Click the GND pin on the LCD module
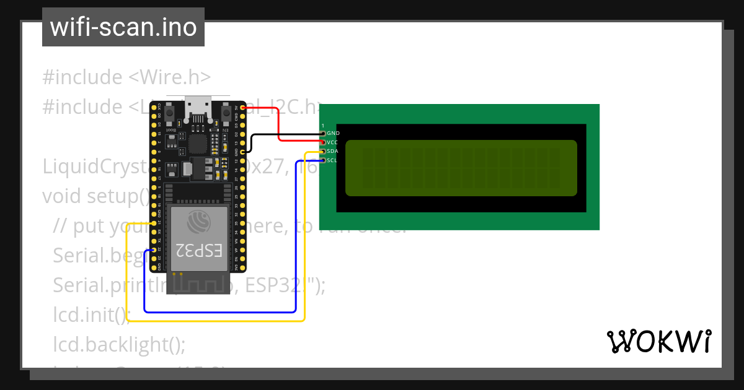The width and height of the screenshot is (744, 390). [x=323, y=133]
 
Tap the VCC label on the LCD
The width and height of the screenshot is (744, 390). [x=332, y=142]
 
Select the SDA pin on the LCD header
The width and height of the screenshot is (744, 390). [x=323, y=152]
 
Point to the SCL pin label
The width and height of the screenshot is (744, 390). [x=332, y=160]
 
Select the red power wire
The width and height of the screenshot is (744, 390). [x=278, y=124]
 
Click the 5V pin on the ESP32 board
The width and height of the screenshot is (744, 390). [x=242, y=107]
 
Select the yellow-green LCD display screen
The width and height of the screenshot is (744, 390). [x=461, y=168]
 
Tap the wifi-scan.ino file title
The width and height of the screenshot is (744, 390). [x=123, y=27]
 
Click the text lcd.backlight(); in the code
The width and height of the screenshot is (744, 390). [x=119, y=344]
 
